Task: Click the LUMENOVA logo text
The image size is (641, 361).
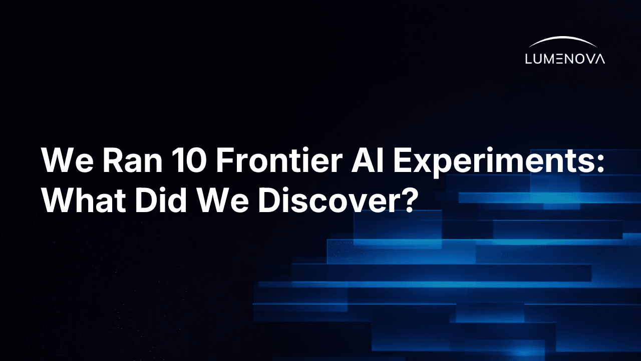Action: click(565, 59)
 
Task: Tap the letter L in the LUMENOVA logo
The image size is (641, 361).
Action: click(528, 59)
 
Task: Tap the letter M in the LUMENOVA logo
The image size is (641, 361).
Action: click(551, 59)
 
